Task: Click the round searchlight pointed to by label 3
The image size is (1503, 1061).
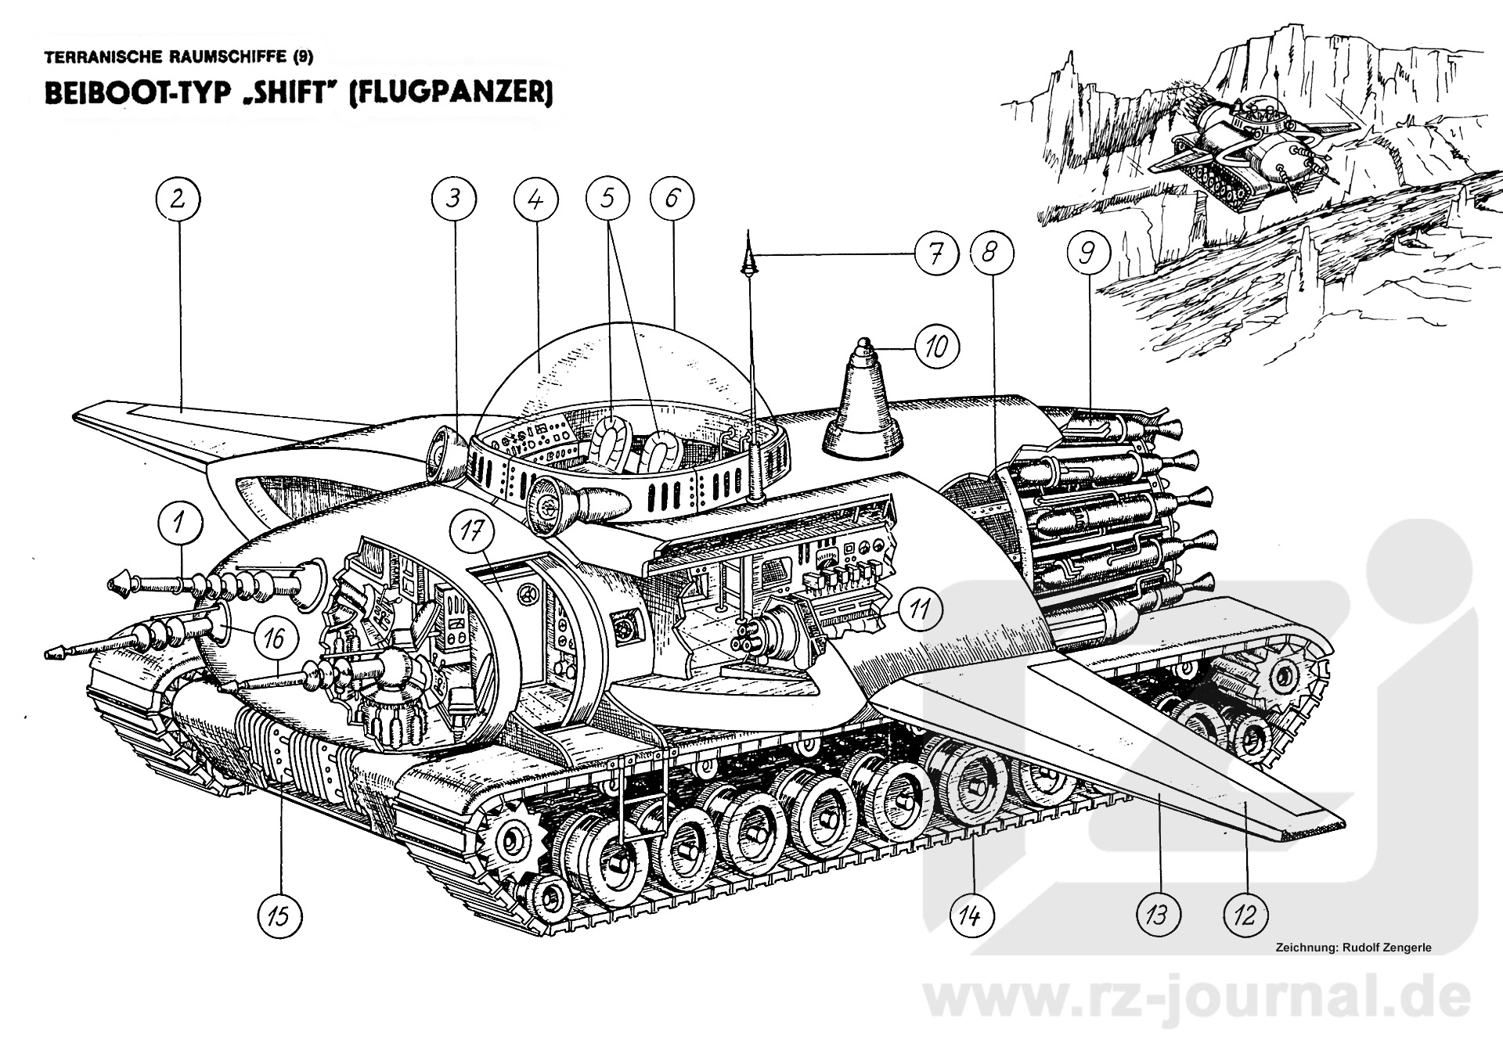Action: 447,459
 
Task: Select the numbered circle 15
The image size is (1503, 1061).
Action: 279,915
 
